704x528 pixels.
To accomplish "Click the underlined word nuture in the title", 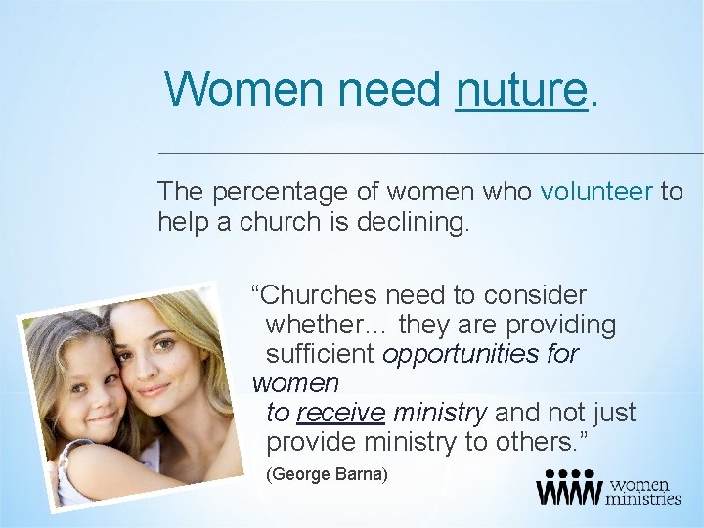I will coord(520,90).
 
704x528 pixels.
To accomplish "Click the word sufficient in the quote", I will coord(321,354).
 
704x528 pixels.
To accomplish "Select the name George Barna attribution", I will coord(328,474).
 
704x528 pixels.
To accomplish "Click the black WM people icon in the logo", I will coord(568,488).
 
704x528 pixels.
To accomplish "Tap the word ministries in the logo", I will coord(643,498).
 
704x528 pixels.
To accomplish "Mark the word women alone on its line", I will coord(295,384).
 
